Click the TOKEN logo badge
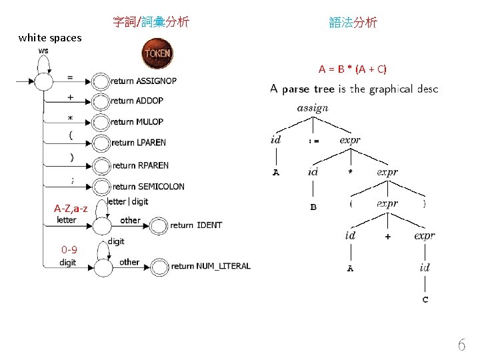click(157, 53)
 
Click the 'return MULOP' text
click(137, 122)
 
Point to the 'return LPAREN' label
click(139, 143)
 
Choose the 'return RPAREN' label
click(141, 165)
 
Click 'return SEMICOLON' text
click(148, 187)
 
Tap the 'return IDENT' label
click(196, 225)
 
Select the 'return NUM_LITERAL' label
click(211, 266)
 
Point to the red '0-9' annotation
click(69, 250)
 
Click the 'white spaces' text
click(50, 38)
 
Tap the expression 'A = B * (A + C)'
click(353, 69)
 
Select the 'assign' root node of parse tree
click(312, 108)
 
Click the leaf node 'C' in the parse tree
click(425, 300)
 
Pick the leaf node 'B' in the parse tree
click(313, 207)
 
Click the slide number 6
click(461, 345)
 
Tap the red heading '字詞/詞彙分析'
click(151, 23)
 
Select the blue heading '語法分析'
click(353, 23)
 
